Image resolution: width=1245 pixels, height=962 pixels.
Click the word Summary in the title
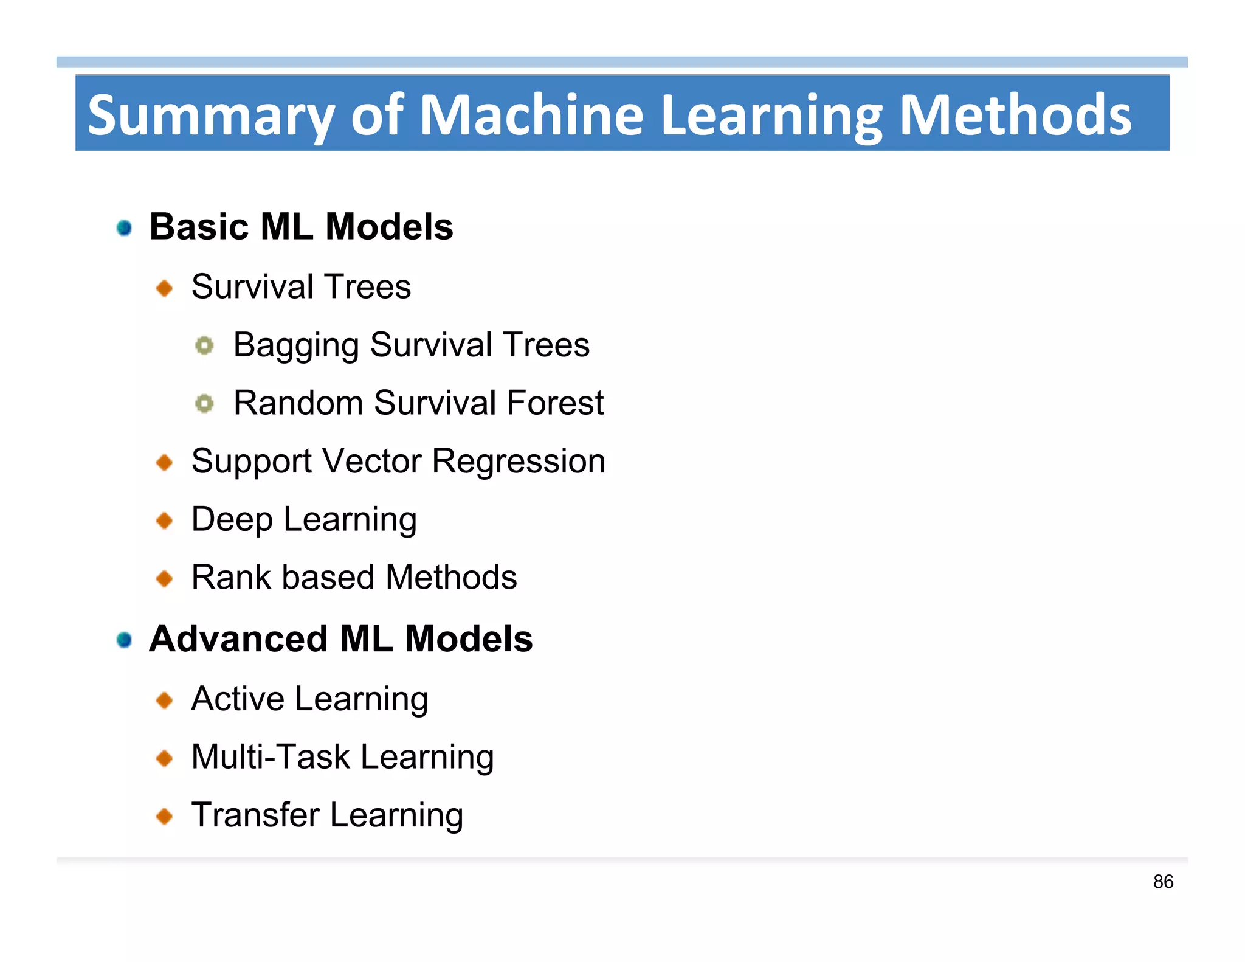(210, 116)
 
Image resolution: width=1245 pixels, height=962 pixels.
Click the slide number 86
(1163, 882)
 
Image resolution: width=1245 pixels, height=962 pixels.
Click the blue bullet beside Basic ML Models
(125, 228)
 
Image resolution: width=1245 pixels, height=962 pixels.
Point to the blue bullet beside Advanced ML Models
(125, 640)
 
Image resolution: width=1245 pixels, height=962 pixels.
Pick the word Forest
(555, 403)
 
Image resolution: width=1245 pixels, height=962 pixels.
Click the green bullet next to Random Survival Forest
(204, 404)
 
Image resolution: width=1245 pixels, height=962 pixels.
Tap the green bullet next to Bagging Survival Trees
(204, 346)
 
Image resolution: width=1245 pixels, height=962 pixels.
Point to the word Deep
(232, 520)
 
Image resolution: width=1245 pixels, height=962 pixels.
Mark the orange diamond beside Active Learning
(165, 701)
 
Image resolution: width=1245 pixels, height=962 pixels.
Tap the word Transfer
(255, 815)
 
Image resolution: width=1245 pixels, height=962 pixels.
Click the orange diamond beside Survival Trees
(165, 288)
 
